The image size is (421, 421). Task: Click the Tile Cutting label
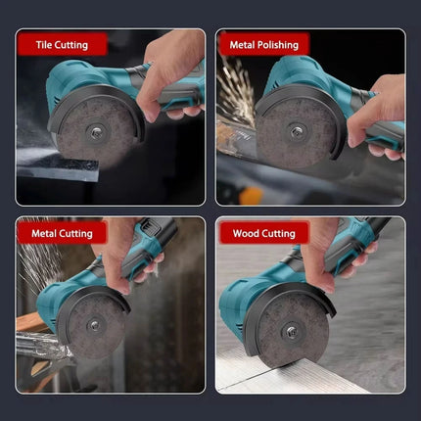click(61, 44)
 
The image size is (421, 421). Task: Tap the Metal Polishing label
click(263, 44)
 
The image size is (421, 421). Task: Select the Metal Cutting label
click(63, 233)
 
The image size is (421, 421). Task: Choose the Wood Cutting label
click(263, 233)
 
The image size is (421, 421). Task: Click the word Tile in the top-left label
click(45, 44)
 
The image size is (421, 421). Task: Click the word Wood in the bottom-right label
click(245, 233)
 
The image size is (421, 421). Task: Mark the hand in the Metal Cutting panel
click(127, 259)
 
